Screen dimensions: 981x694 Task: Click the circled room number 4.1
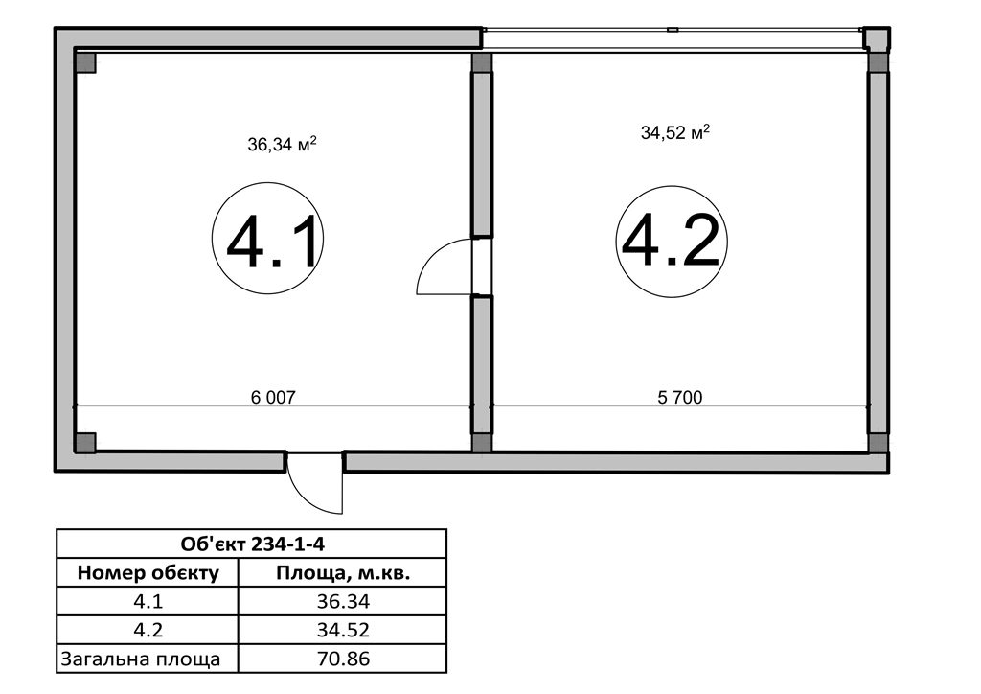tap(268, 238)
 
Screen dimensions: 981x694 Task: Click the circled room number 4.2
tap(672, 241)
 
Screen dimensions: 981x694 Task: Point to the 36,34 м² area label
tap(282, 145)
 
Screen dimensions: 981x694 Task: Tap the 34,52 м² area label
tap(675, 132)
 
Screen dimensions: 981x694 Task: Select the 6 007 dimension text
tap(273, 397)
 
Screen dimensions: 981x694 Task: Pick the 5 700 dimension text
tap(680, 397)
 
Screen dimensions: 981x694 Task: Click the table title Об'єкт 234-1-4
tap(253, 544)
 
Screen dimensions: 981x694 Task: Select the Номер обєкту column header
tap(148, 572)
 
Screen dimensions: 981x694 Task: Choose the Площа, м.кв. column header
tap(343, 572)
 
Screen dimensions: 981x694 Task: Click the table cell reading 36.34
tap(343, 601)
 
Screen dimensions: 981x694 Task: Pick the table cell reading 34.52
tap(343, 630)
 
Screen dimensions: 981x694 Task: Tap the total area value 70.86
tap(343, 659)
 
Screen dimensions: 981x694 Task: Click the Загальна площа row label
tap(141, 659)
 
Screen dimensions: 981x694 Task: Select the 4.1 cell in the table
tap(148, 601)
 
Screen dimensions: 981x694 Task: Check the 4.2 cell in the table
tap(148, 630)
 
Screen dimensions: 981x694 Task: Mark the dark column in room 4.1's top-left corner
tap(85, 62)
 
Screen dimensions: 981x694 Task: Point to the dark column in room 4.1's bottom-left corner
tap(85, 443)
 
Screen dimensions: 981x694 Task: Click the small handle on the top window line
tap(673, 30)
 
